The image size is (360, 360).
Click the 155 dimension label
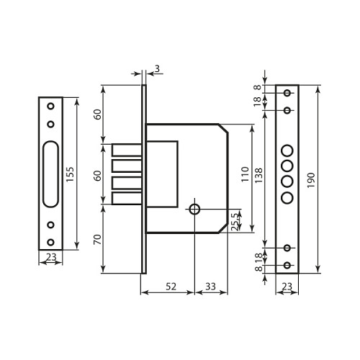71,174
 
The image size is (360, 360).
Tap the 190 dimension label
311,180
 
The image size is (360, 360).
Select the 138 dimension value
258,176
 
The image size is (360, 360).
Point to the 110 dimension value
245,174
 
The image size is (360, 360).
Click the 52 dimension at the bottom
171,287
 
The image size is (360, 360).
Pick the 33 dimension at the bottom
210,287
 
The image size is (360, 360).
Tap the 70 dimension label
97,240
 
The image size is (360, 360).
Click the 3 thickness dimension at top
157,69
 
